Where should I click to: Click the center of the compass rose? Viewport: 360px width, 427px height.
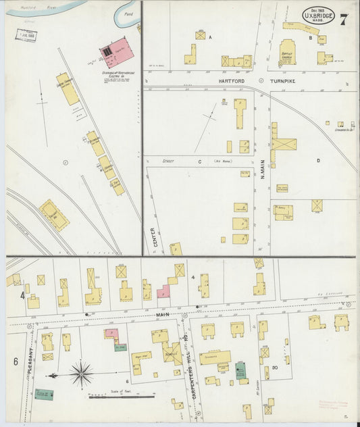(x=82, y=372)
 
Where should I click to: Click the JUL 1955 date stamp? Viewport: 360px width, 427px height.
(x=26, y=34)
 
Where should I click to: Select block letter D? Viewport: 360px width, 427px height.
(x=317, y=161)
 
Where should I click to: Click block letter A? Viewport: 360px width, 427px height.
(x=210, y=37)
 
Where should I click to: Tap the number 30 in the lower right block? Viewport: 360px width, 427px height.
(x=276, y=367)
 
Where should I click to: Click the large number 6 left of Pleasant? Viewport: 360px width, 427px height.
(x=15, y=361)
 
